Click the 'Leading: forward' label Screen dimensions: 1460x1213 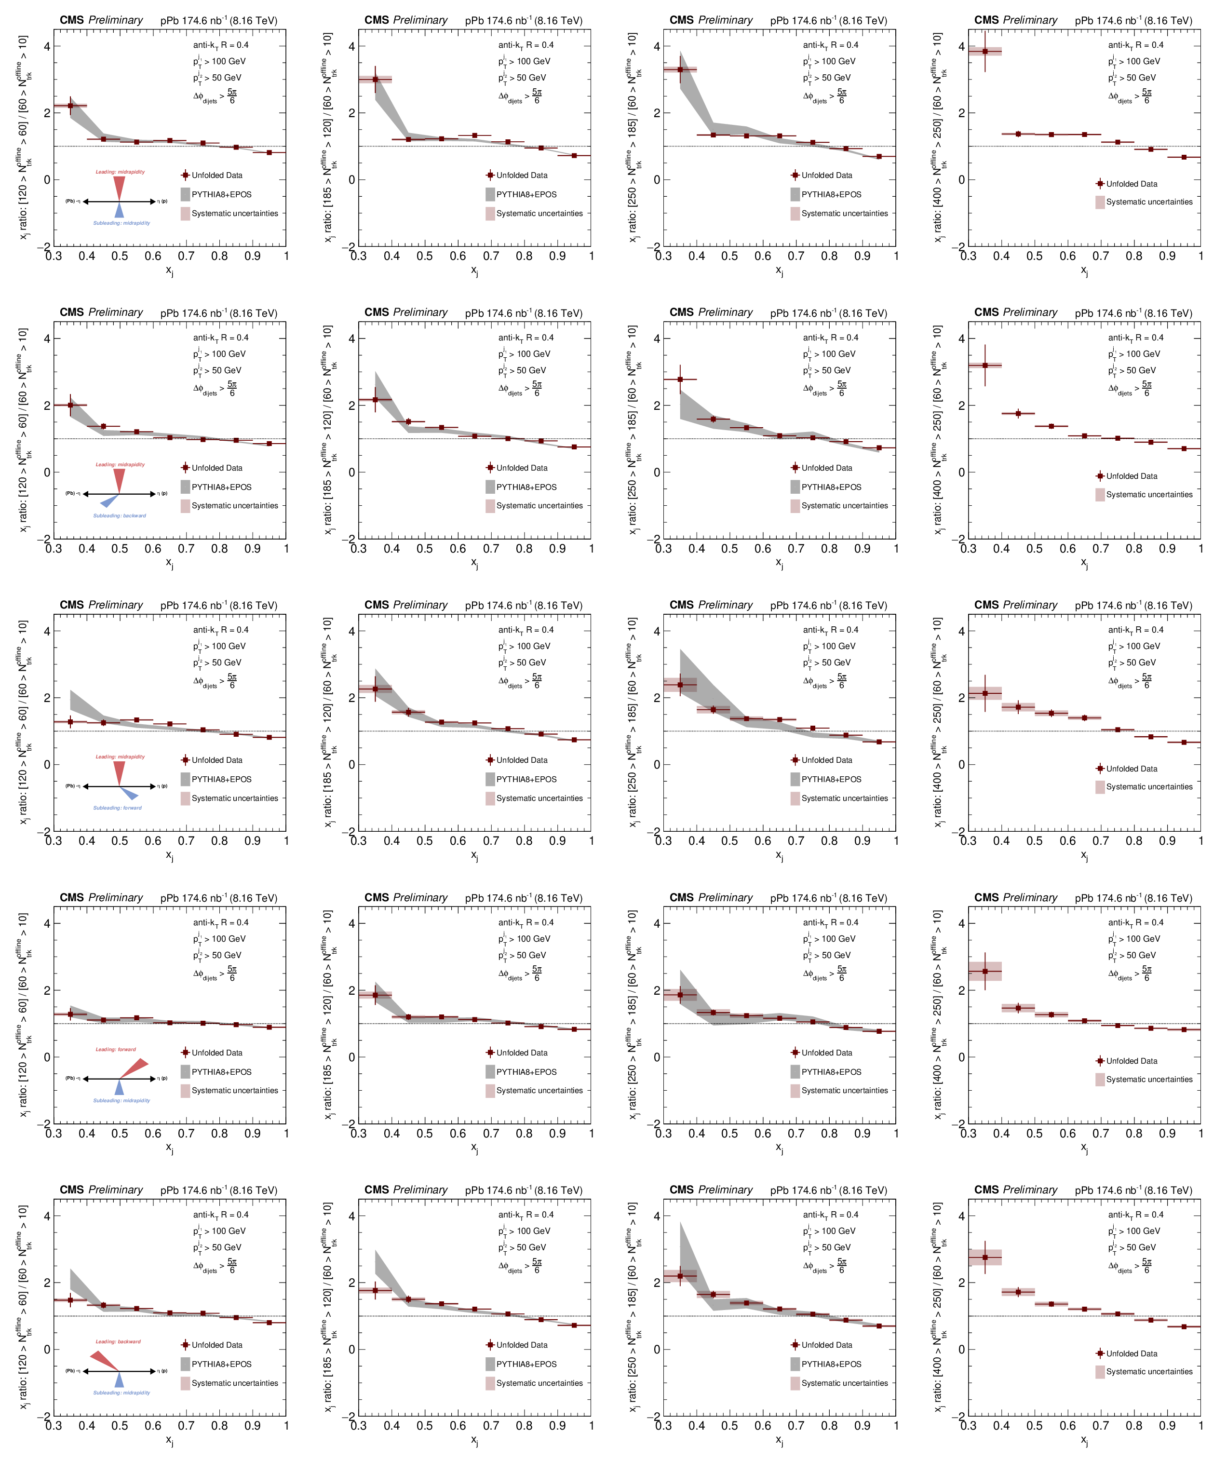pos(116,1049)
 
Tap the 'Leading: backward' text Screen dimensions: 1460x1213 pos(118,1342)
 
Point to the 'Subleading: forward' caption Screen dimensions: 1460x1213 pos(118,808)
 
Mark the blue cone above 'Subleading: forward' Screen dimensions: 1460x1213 pos(129,793)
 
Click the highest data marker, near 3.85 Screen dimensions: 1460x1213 pos(985,52)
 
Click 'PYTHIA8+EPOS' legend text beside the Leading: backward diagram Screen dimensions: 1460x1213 pos(222,1364)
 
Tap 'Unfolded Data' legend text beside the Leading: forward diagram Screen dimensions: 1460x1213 pos(217,1053)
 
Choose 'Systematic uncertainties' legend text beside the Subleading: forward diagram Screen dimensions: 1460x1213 pos(235,798)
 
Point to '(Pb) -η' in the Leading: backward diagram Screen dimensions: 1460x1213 pos(73,1371)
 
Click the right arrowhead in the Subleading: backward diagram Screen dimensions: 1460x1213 pos(153,494)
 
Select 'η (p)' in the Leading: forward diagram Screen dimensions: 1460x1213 pos(162,1078)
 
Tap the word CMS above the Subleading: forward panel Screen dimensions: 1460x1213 pos(72,605)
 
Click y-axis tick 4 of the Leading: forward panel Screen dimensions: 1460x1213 pos(47,924)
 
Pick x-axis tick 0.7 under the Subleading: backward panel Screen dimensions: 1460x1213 pos(186,549)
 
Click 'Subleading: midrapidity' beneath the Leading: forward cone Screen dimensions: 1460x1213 pos(121,1101)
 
